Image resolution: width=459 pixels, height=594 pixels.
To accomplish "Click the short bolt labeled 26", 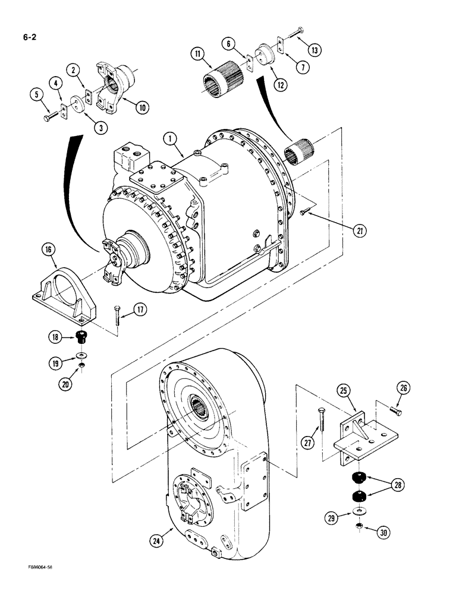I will tap(395, 410).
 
